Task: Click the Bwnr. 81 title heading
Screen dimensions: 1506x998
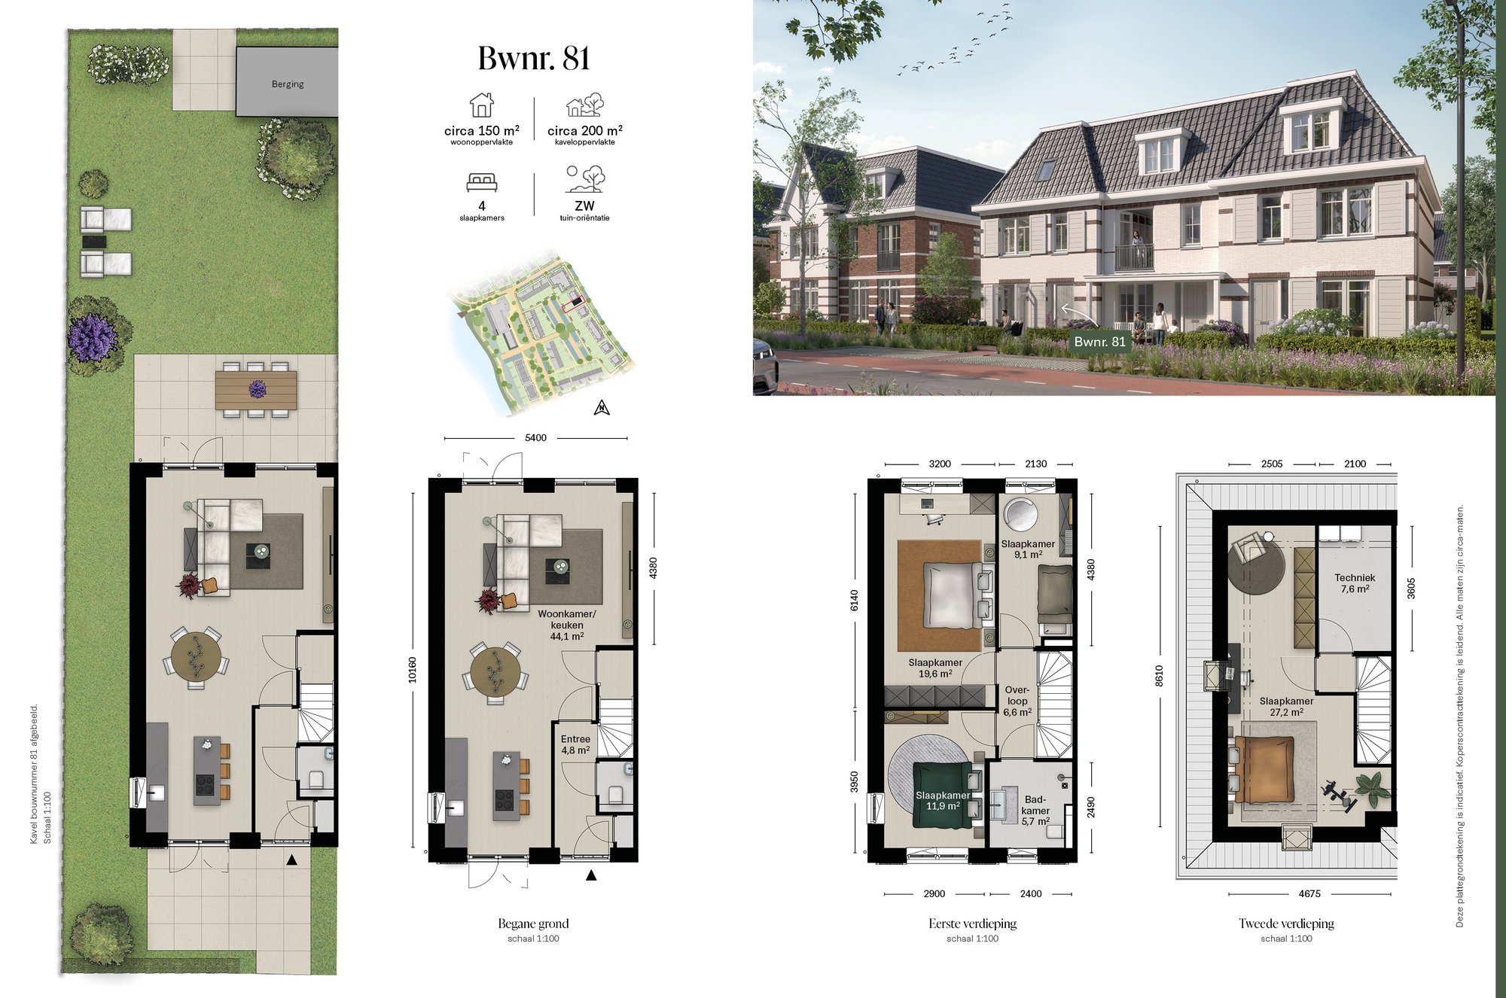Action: (x=534, y=59)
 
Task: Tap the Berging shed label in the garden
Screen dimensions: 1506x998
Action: (x=288, y=84)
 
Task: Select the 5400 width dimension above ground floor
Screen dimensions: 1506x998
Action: (x=535, y=437)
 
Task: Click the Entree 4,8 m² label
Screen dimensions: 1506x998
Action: (x=575, y=744)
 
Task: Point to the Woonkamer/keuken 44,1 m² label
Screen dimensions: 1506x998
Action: (x=566, y=625)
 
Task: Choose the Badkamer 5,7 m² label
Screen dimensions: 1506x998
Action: (x=1035, y=810)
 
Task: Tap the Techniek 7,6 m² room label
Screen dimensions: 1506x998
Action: (x=1355, y=583)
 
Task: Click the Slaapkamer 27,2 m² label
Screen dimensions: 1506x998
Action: (x=1286, y=706)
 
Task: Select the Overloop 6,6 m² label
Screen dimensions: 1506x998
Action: (x=1017, y=701)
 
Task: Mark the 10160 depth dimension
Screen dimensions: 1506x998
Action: (x=412, y=670)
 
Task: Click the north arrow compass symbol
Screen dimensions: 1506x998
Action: (x=602, y=408)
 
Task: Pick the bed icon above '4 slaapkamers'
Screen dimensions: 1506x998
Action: (x=482, y=182)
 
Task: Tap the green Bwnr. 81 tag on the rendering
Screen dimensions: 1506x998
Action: (x=1099, y=342)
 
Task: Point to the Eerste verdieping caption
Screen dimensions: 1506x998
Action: (x=972, y=923)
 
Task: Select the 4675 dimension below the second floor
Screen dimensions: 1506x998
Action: (x=1309, y=893)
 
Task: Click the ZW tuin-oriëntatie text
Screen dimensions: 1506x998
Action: (x=584, y=210)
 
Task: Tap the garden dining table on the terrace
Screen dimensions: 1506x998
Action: (x=256, y=390)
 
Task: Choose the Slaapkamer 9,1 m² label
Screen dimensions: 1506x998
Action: (x=1028, y=549)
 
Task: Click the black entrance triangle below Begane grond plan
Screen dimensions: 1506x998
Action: (x=591, y=875)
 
